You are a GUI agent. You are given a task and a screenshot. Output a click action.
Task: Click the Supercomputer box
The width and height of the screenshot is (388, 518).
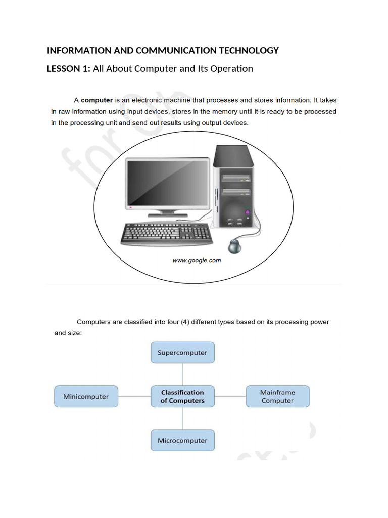coord(182,353)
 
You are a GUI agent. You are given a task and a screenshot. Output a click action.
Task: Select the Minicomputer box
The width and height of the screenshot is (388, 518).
coord(86,397)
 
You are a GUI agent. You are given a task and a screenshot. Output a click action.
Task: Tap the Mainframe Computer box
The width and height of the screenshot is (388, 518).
coord(277,397)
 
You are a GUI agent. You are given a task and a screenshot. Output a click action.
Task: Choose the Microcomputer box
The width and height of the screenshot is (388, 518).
coord(182,440)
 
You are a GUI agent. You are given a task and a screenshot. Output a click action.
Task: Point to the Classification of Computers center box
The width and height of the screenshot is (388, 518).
coord(182,397)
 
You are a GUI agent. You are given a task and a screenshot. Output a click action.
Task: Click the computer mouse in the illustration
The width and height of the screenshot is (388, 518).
coord(235,246)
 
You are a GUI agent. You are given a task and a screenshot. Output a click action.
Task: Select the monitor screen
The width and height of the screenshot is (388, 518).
coord(167,184)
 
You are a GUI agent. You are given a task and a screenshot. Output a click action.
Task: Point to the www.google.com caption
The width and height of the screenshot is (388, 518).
coord(197,261)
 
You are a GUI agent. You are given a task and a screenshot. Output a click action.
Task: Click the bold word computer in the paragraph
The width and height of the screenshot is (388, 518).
coord(96,100)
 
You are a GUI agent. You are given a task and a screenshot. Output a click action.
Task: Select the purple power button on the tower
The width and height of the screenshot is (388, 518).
coord(247,212)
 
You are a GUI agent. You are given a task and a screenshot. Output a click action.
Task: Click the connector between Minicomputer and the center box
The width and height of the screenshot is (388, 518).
coord(134,397)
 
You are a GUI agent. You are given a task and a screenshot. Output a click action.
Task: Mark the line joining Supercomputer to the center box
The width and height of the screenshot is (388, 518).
coord(182,374)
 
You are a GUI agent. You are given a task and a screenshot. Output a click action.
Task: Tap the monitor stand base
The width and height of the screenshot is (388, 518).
coord(168,215)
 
